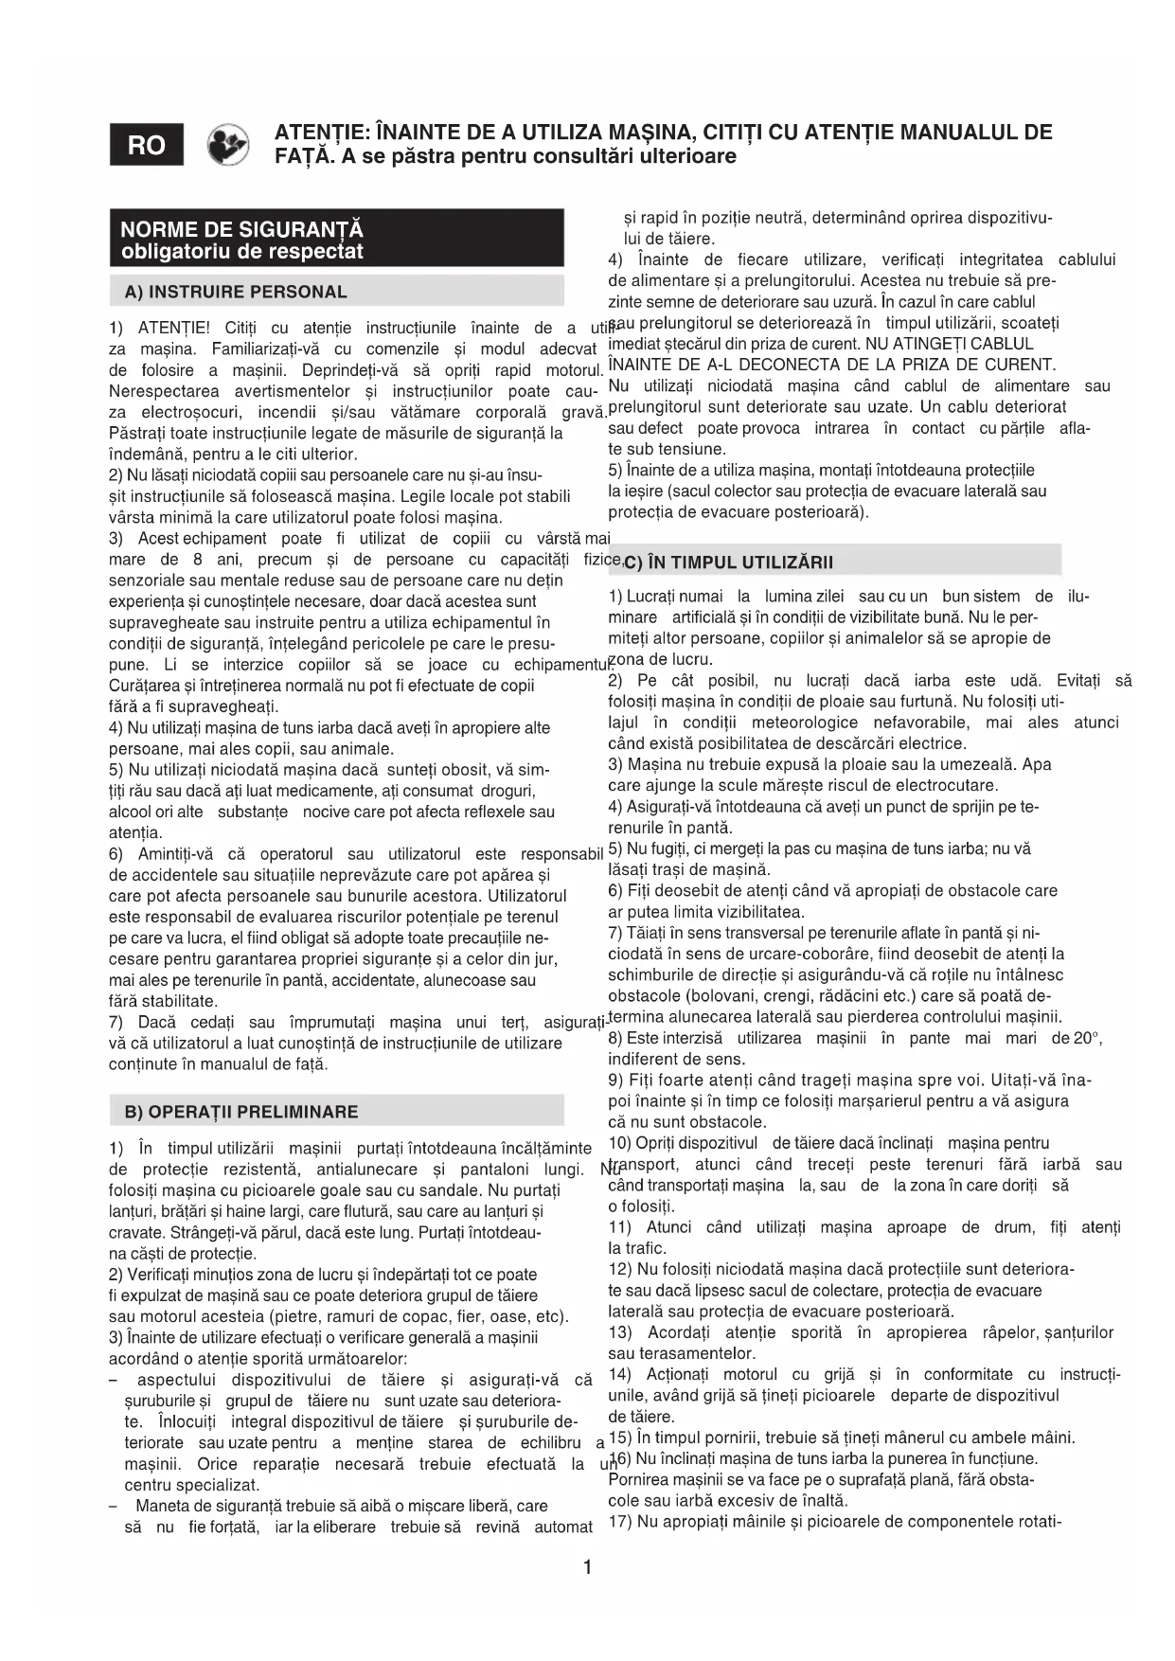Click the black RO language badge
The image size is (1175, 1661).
pyautogui.click(x=147, y=145)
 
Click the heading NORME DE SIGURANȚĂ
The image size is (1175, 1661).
pyautogui.click(x=241, y=229)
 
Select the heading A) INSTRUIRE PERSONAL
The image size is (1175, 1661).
pyautogui.click(x=236, y=292)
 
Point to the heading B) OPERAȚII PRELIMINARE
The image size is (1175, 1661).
pyautogui.click(x=241, y=1112)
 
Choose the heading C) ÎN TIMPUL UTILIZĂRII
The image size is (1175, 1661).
pyautogui.click(x=728, y=563)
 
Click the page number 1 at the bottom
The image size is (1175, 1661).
pyautogui.click(x=587, y=1567)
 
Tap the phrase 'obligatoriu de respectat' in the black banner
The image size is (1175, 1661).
pyautogui.click(x=241, y=252)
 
